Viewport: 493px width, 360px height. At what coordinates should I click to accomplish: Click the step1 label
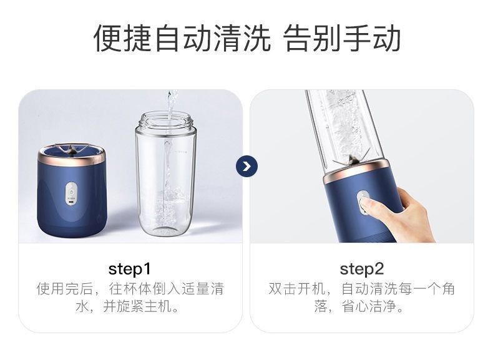point(130,269)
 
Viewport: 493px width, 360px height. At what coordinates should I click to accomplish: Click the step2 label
point(361,269)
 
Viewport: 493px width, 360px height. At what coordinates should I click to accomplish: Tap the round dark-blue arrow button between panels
point(247,167)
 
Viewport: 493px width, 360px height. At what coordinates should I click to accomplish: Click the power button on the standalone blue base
point(71,191)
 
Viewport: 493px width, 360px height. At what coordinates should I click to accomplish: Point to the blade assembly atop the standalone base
point(72,150)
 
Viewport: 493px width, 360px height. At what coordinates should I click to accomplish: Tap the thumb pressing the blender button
point(369,206)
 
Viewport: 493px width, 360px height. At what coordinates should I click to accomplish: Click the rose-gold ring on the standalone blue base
point(71,156)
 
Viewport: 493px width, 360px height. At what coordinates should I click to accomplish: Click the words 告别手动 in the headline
point(342,38)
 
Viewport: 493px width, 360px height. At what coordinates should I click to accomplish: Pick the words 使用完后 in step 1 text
point(65,289)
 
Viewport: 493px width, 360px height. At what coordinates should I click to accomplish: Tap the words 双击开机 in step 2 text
point(297,289)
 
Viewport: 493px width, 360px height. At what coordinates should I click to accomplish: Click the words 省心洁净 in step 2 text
point(369,306)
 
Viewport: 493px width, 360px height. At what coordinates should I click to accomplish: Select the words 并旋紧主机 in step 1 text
point(137,306)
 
